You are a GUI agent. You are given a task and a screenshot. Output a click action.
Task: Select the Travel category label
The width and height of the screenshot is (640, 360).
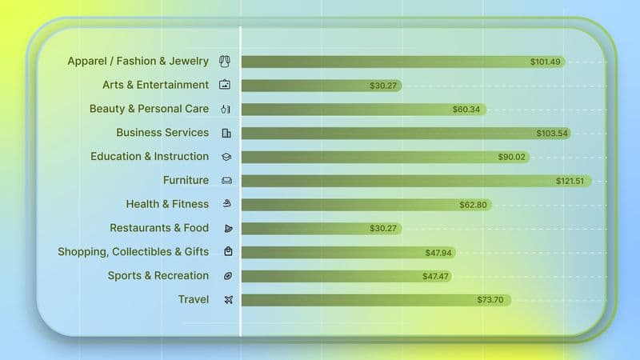coord(194,300)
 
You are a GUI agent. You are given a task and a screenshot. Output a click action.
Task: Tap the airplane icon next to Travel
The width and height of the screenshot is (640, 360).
coord(227,300)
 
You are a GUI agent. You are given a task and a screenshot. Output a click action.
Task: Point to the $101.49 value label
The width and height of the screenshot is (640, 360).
coord(546,62)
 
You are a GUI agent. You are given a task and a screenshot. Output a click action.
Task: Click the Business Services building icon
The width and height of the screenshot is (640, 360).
coord(226,133)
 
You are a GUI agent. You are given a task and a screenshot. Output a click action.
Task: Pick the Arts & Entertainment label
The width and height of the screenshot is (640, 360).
coord(155,85)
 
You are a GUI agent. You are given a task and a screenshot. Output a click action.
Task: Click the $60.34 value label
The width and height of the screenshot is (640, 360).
coord(466,110)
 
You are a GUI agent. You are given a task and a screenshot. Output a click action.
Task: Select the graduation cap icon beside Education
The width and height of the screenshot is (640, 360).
coord(226,157)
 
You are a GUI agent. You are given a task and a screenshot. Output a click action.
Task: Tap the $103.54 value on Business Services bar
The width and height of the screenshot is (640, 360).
coord(552,134)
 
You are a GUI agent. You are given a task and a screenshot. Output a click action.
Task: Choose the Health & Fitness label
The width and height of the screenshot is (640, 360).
coord(167,204)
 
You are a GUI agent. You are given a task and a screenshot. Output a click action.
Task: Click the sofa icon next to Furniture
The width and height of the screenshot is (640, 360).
coord(226,181)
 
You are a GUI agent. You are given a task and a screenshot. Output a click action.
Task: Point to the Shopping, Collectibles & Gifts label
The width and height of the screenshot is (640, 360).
coord(133,252)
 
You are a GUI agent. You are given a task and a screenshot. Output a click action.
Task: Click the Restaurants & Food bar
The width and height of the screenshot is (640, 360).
coord(320,229)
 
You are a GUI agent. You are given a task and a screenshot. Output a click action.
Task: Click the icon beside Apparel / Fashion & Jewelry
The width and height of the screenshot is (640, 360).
coord(226,61)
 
